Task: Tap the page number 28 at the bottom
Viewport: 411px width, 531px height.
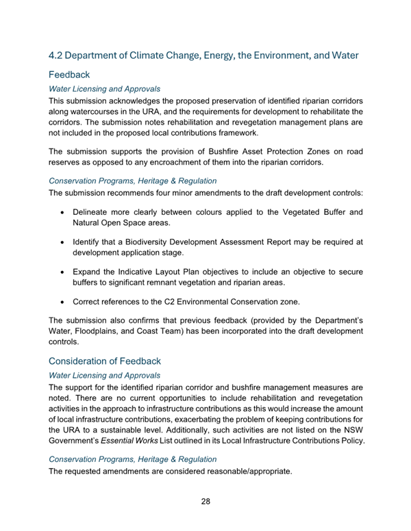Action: click(206, 502)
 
